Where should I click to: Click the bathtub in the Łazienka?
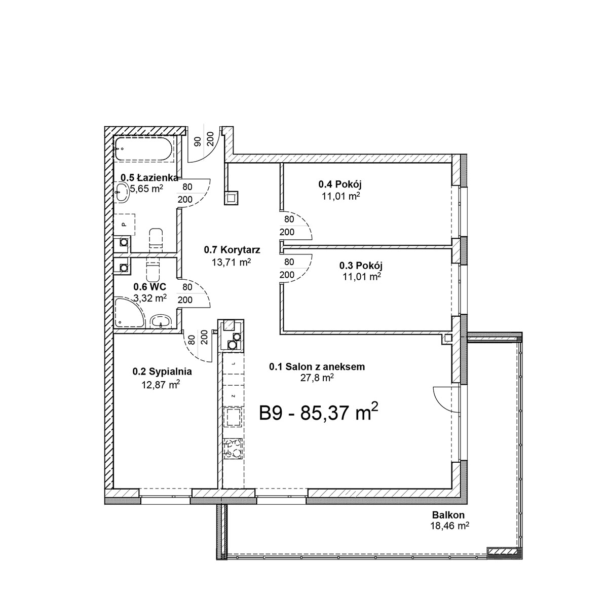coord(143,149)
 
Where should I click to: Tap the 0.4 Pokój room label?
coord(340,184)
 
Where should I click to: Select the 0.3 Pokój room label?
coord(361,266)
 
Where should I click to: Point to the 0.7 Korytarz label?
coord(232,250)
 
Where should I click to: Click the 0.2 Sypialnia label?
coord(162,371)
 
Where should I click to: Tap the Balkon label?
coord(448,515)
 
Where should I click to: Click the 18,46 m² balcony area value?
coord(450,526)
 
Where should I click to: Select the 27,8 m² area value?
coord(317,378)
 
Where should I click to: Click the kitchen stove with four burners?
coord(233,449)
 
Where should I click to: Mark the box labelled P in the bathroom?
coord(124,225)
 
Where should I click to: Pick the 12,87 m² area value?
coord(161,384)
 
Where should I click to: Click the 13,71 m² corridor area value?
coord(232,262)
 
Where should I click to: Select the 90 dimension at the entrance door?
coord(197,141)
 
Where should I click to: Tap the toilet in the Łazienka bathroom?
coord(156,239)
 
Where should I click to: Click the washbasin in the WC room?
coord(161,321)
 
